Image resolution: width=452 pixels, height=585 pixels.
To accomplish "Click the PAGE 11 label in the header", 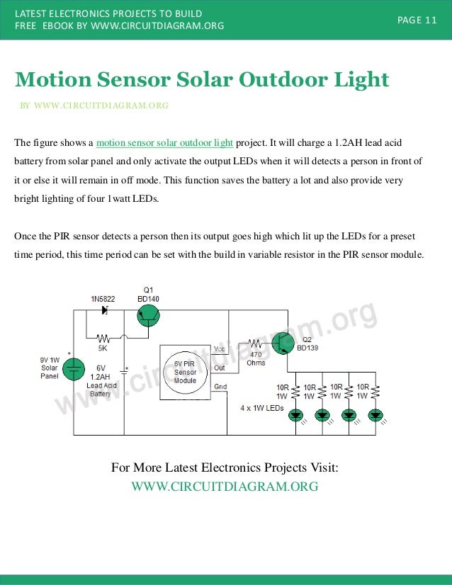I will pyautogui.click(x=417, y=20).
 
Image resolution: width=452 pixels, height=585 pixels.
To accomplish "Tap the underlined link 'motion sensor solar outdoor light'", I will pyautogui.click(x=164, y=142).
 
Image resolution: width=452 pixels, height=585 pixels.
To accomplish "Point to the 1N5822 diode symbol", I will pyautogui.click(x=105, y=310).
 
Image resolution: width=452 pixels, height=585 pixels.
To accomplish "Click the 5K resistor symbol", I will pyautogui.click(x=103, y=339).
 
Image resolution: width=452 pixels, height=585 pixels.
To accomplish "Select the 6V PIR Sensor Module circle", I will pyautogui.click(x=185, y=372).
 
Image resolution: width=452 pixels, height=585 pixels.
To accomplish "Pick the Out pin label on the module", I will pyautogui.click(x=219, y=368).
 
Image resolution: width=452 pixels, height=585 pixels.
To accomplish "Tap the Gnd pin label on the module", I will pyautogui.click(x=220, y=387).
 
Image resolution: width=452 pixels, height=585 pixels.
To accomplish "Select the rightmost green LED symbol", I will pyautogui.click(x=375, y=415).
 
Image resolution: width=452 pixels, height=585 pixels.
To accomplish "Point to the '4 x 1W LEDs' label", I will pyautogui.click(x=261, y=409).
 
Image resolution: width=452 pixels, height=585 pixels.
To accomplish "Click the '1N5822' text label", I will pyautogui.click(x=103, y=299).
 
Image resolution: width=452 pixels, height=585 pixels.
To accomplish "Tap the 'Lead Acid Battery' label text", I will pyautogui.click(x=101, y=390).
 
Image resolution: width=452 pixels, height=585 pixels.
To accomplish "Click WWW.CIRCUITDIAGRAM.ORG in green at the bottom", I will pyautogui.click(x=225, y=487).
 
